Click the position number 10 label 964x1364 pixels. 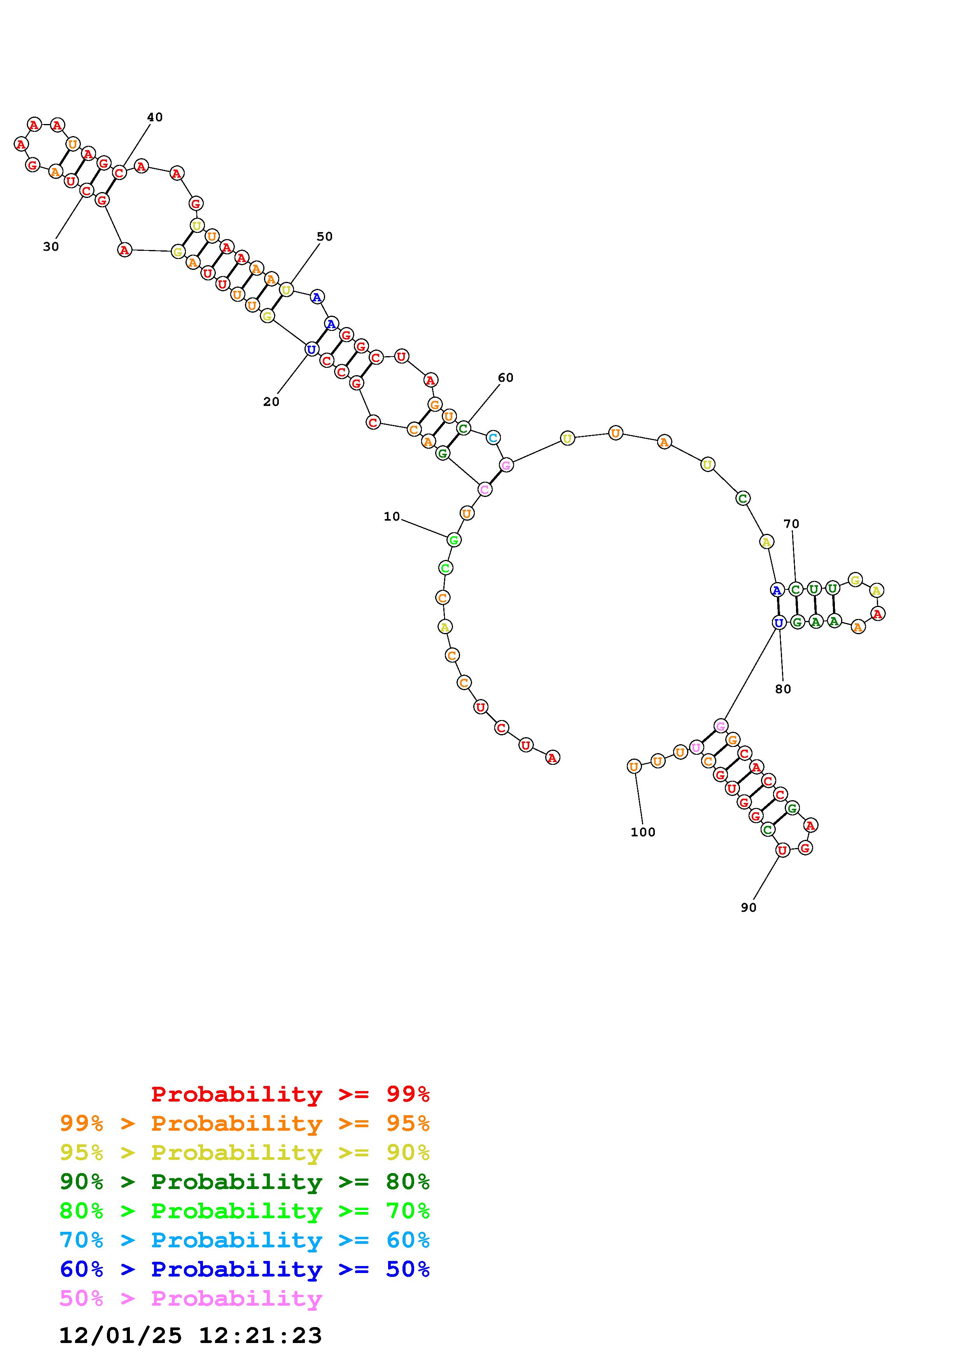tap(392, 516)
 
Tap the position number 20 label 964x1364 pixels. tap(271, 402)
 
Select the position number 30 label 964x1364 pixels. tap(51, 247)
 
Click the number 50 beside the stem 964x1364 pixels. tap(324, 236)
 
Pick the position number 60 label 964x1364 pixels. tap(506, 378)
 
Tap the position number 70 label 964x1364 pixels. tap(791, 524)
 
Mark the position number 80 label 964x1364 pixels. tap(783, 689)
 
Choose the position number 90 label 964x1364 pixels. tap(749, 908)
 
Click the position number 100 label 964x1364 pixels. tap(643, 832)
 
